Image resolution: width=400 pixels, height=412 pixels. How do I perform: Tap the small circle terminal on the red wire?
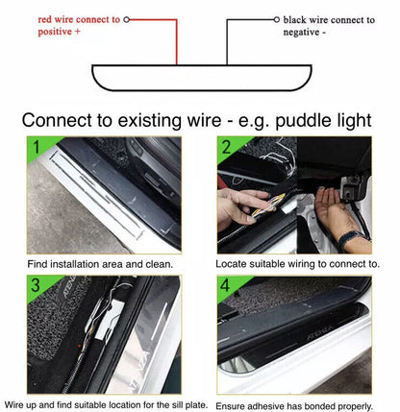pyautogui.click(x=127, y=20)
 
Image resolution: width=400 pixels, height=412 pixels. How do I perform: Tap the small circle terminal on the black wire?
pyautogui.click(x=277, y=20)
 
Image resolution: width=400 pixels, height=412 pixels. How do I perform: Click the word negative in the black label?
pyautogui.click(x=301, y=33)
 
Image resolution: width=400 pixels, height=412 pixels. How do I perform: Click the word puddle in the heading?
pyautogui.click(x=305, y=121)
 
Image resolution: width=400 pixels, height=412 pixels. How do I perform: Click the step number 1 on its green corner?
pyautogui.click(x=37, y=147)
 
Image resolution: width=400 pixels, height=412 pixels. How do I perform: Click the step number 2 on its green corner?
pyautogui.click(x=226, y=147)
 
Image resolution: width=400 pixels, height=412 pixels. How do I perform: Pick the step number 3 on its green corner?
pyautogui.click(x=36, y=285)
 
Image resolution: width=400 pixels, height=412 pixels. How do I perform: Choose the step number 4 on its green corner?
pyautogui.click(x=225, y=285)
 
